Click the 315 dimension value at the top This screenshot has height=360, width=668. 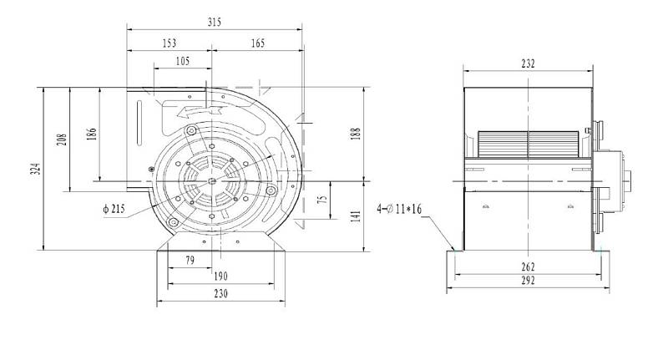pos(215,23)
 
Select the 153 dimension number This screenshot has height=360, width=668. pos(170,43)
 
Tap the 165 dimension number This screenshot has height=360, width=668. pos(258,43)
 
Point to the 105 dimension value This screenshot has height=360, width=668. pos(182,61)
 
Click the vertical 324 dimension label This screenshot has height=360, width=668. pos(37,169)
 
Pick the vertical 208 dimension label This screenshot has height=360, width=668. pos(62,139)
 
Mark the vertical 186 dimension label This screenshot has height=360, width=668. pos(92,134)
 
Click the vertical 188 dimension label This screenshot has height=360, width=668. pos(357,134)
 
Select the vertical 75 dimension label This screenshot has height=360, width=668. pos(323,199)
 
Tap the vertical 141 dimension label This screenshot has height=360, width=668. pos(357,215)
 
